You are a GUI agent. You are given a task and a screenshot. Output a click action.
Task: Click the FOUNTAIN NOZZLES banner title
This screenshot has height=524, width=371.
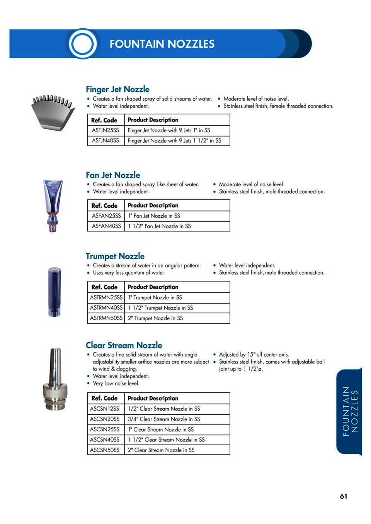pyautogui.click(x=162, y=44)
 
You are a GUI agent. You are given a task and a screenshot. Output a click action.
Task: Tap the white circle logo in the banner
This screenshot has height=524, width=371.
pyautogui.click(x=82, y=44)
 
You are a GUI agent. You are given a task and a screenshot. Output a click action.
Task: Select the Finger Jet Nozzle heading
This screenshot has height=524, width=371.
pyautogui.click(x=117, y=89)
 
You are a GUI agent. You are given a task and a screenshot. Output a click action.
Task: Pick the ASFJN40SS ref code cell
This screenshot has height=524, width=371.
pyautogui.click(x=106, y=141)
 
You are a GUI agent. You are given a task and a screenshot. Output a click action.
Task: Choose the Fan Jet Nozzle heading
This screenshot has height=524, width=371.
pyautogui.click(x=113, y=175)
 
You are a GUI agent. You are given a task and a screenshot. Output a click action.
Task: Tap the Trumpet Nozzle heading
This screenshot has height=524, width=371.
pyautogui.click(x=115, y=256)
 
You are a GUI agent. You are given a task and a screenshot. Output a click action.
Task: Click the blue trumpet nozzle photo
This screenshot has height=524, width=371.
pyautogui.click(x=54, y=291)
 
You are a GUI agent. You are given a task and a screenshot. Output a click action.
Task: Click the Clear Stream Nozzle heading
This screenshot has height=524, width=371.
pyautogui.click(x=124, y=345)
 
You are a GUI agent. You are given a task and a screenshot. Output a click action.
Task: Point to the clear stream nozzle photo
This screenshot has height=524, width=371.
pyautogui.click(x=55, y=380)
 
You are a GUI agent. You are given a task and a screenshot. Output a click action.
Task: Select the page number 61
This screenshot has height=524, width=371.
pyautogui.click(x=344, y=496)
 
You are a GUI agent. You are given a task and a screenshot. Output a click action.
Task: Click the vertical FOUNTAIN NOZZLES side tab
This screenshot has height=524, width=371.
pyautogui.click(x=350, y=412)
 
